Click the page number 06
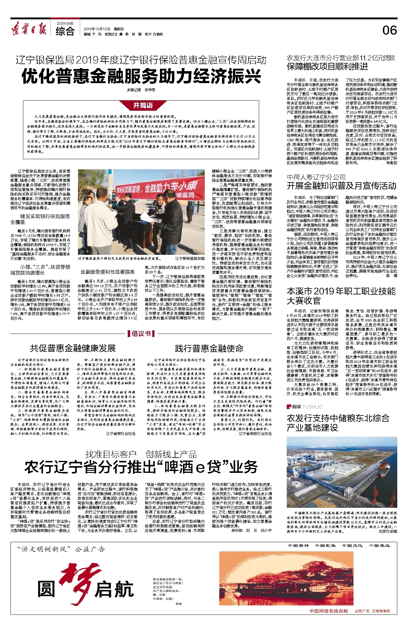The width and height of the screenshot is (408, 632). (389, 30)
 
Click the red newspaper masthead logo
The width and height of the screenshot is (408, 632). (29, 30)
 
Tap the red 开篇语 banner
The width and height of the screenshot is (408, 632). (143, 105)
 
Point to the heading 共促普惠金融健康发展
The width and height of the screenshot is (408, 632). (73, 348)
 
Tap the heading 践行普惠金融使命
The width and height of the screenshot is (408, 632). (209, 348)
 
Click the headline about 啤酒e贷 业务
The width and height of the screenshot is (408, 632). (141, 467)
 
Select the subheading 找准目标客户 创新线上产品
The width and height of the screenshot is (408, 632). (141, 454)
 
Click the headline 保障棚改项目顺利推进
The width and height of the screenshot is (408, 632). (328, 66)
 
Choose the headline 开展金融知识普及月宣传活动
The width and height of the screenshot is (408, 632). (341, 186)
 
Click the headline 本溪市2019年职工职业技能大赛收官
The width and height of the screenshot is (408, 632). (341, 296)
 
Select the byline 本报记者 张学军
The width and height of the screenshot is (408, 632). (141, 90)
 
